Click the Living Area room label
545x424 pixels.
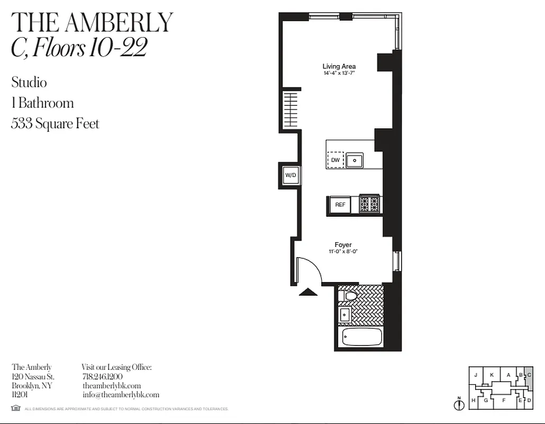click(339, 66)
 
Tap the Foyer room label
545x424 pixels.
click(343, 245)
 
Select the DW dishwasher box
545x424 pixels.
click(335, 160)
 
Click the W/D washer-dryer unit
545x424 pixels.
click(290, 175)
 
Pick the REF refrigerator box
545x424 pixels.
click(340, 205)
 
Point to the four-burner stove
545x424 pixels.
click(369, 204)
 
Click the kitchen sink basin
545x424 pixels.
click(355, 159)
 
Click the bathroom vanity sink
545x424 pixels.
click(344, 314)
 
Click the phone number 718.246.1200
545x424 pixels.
click(103, 376)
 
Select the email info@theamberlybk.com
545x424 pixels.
click(121, 394)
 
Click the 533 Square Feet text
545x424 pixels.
click(55, 123)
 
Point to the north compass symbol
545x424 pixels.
click(459, 404)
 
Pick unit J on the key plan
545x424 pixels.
click(476, 375)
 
